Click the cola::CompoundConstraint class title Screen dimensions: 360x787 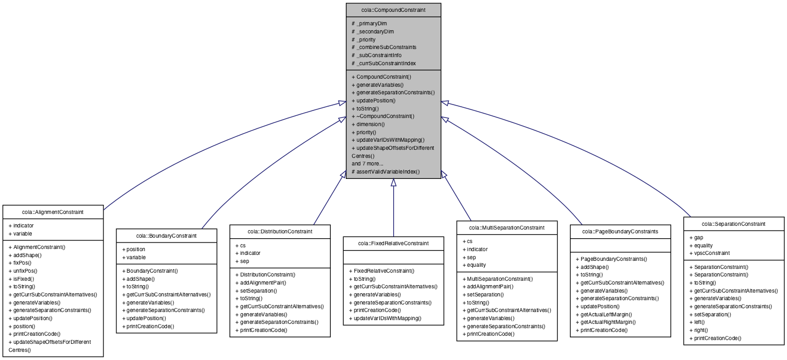coord(393,10)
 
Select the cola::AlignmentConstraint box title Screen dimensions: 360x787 coord(53,212)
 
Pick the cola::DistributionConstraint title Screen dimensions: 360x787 coord(280,231)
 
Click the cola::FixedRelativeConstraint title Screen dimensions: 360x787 coord(393,243)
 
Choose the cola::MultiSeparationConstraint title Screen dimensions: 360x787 coord(506,227)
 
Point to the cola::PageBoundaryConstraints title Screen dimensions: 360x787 coord(620,231)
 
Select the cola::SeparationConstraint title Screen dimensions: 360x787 coord(733,224)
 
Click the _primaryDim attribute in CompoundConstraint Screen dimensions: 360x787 coord(372,24)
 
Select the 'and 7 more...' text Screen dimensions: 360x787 coord(367,163)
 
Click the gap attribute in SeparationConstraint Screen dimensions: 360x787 coord(698,237)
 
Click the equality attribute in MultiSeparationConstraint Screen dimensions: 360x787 coord(478,265)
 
